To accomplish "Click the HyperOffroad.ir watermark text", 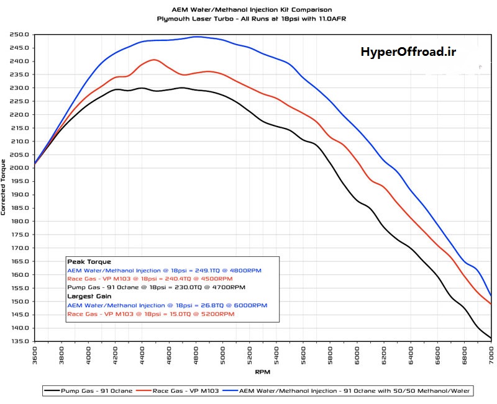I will click(408, 52).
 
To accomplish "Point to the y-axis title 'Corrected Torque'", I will click(4, 187).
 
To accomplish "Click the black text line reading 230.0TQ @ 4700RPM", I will click(156, 288).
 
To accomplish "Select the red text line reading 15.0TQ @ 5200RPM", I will click(150, 314).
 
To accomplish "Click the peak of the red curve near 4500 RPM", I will click(154, 60).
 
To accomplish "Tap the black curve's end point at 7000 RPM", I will click(491, 338).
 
